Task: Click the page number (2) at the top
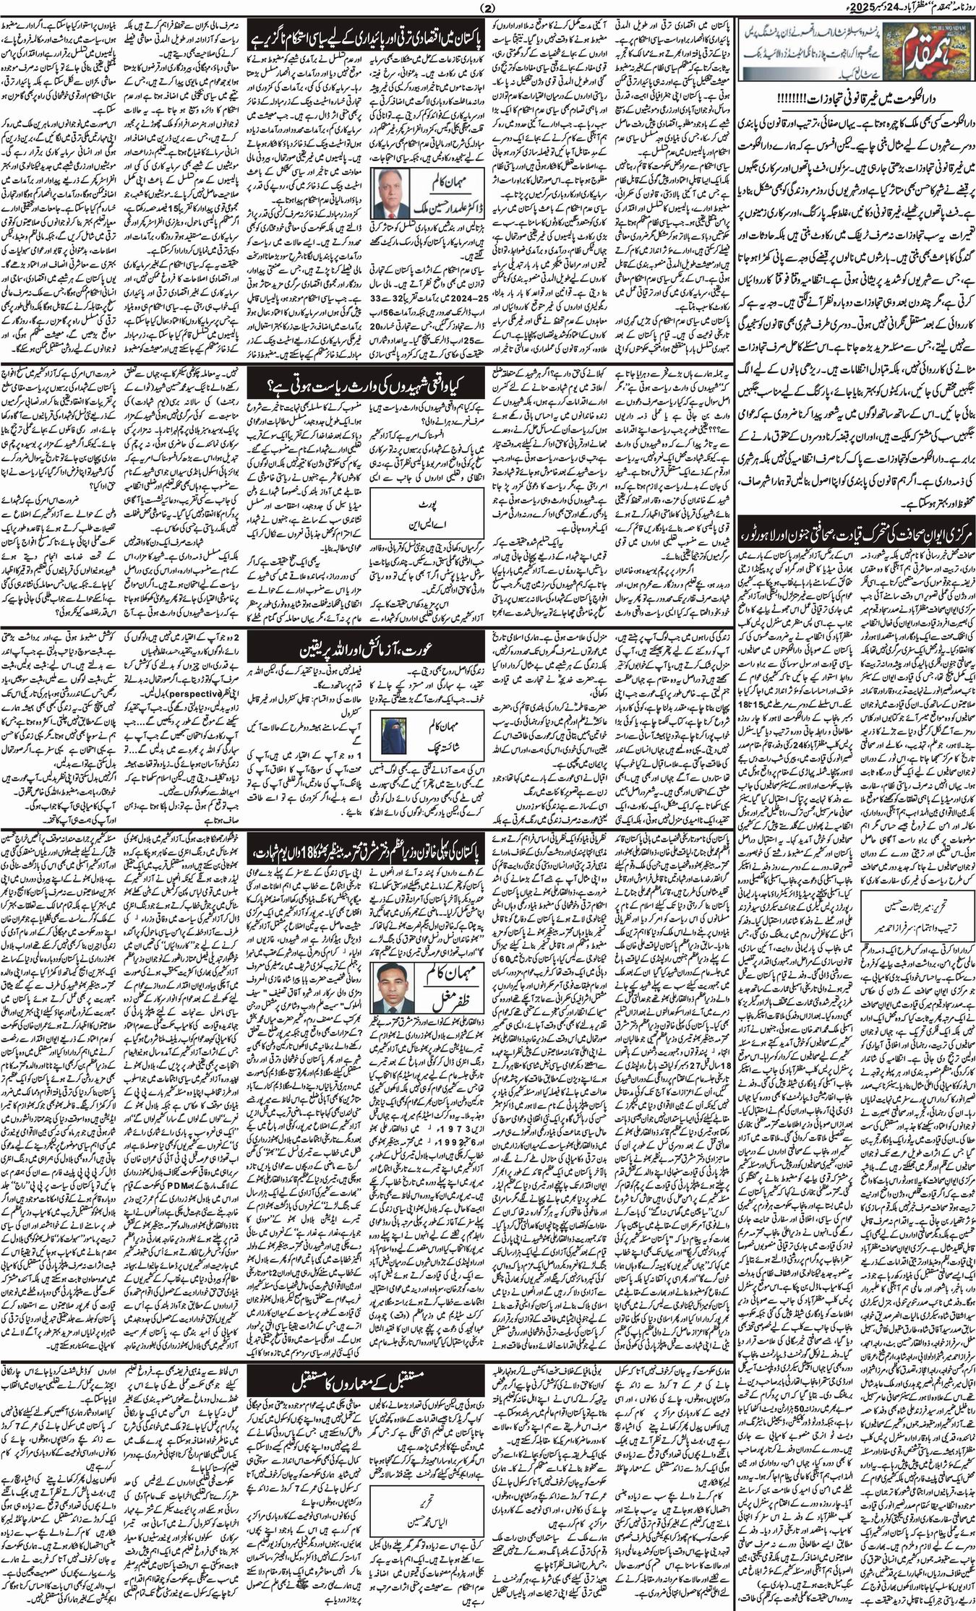click(x=487, y=8)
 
